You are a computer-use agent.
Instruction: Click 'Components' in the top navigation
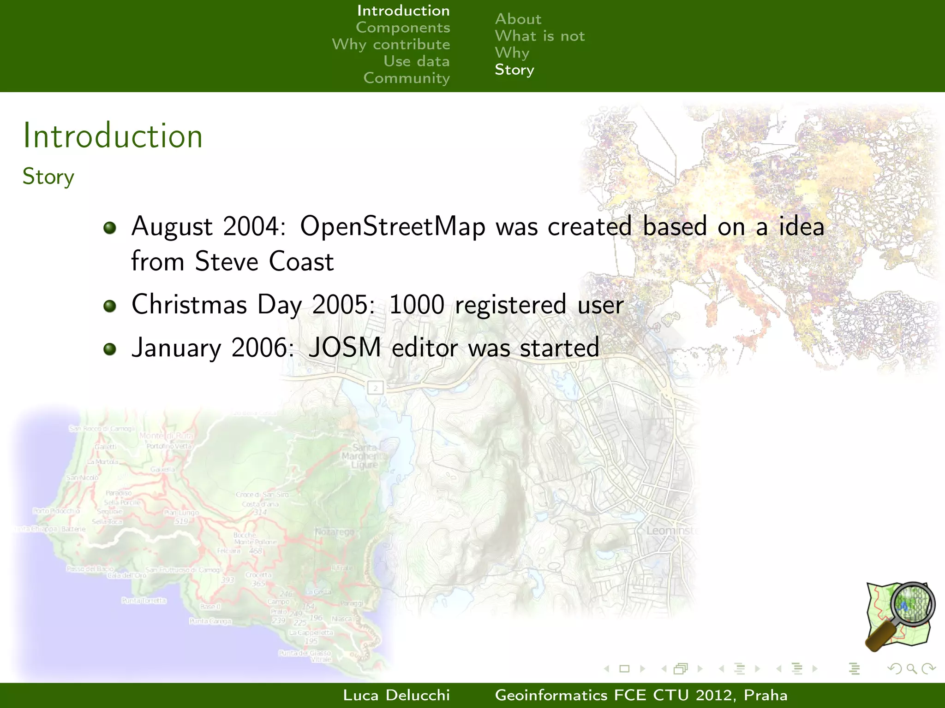(x=403, y=28)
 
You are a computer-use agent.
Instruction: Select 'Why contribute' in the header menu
(x=391, y=45)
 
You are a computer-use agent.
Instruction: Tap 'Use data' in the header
(x=416, y=61)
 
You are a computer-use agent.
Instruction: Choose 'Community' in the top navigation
(x=406, y=78)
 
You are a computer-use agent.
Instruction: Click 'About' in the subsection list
(x=518, y=19)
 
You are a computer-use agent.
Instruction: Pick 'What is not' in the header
(x=539, y=36)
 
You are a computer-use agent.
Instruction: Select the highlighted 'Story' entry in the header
(x=514, y=70)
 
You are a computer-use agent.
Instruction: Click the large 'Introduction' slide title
(x=113, y=136)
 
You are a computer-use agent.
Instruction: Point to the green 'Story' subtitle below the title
(x=48, y=177)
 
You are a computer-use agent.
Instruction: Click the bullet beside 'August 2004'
(x=110, y=228)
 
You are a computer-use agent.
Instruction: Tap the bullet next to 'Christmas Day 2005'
(x=110, y=306)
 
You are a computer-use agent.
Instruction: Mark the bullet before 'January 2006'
(x=110, y=349)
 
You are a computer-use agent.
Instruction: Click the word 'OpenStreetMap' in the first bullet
(x=393, y=227)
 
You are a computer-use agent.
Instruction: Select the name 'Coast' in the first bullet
(x=301, y=261)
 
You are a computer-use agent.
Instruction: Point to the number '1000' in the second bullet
(x=417, y=305)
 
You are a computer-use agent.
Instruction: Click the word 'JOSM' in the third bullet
(x=345, y=348)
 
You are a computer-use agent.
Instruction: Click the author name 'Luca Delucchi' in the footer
(x=396, y=695)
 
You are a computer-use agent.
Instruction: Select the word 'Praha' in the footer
(x=766, y=695)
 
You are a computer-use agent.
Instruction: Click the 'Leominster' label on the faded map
(x=672, y=531)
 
